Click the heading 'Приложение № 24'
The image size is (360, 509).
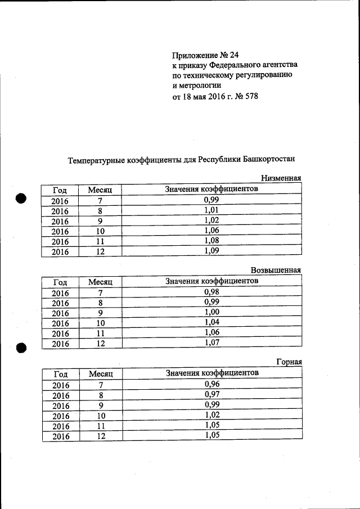(x=205, y=55)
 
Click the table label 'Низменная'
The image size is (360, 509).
(x=281, y=178)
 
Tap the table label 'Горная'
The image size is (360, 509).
(x=289, y=362)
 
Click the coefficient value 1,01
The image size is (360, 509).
(x=211, y=210)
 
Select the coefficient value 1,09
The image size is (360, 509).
(x=211, y=251)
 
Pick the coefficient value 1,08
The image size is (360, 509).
(x=211, y=241)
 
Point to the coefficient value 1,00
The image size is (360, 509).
(x=211, y=312)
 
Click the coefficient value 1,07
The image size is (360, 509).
(x=211, y=343)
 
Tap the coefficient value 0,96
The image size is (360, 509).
(x=211, y=384)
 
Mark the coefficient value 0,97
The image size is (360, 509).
(x=211, y=394)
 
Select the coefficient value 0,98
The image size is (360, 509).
(x=211, y=292)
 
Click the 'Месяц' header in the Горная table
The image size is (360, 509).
(x=101, y=374)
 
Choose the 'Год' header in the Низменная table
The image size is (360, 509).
(x=60, y=190)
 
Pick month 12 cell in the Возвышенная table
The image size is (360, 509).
(x=101, y=344)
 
